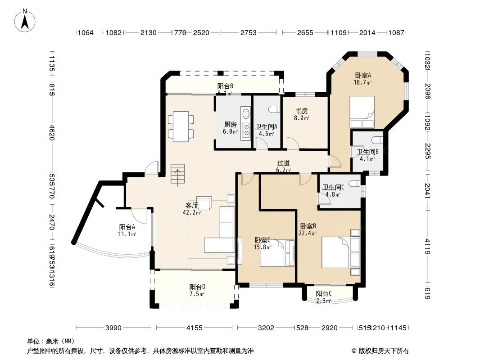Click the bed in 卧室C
coord(275,253)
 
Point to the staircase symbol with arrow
coord(178,175)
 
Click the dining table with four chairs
coord(181,126)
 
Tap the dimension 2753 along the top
coord(248,33)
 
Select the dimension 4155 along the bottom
coord(194,328)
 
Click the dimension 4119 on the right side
coord(428,247)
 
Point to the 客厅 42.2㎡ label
coord(191,209)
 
